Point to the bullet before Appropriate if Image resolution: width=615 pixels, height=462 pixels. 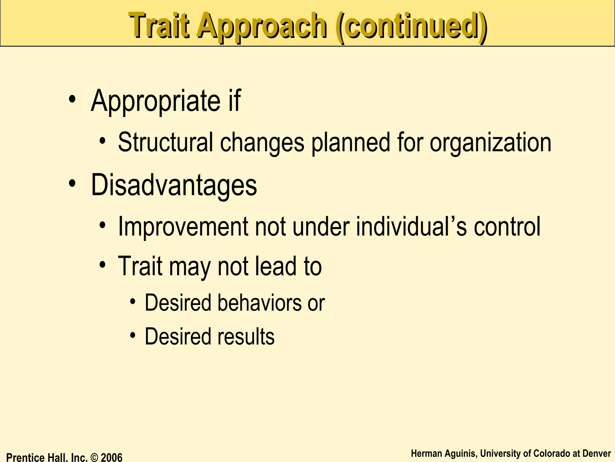pyautogui.click(x=72, y=99)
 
